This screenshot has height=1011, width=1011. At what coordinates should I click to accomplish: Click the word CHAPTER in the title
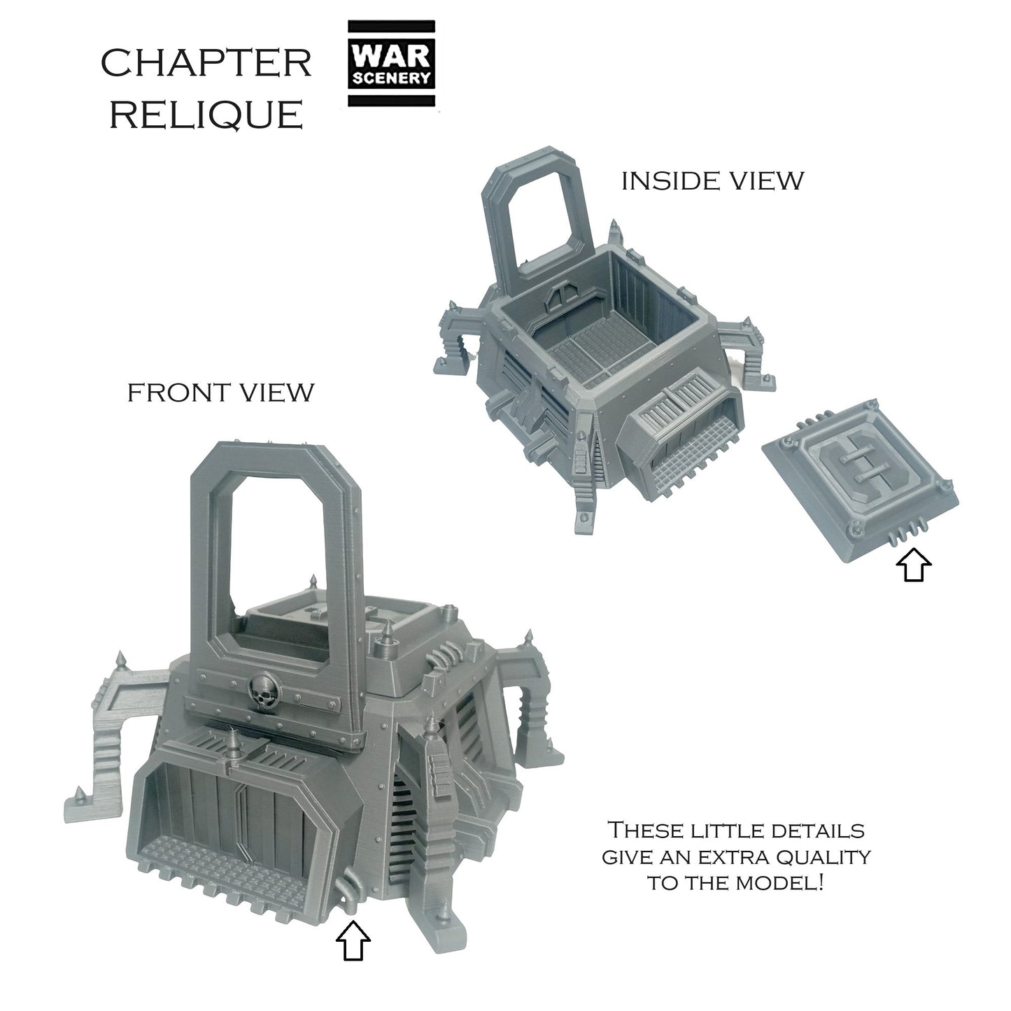pos(206,64)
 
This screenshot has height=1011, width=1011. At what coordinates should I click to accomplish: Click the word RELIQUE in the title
pos(206,115)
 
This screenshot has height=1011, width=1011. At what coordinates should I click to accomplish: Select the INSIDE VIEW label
pos(713,181)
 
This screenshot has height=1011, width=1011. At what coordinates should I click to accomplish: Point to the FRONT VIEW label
pos(220,393)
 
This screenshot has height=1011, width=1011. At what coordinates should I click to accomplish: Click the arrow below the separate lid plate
pos(914,565)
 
